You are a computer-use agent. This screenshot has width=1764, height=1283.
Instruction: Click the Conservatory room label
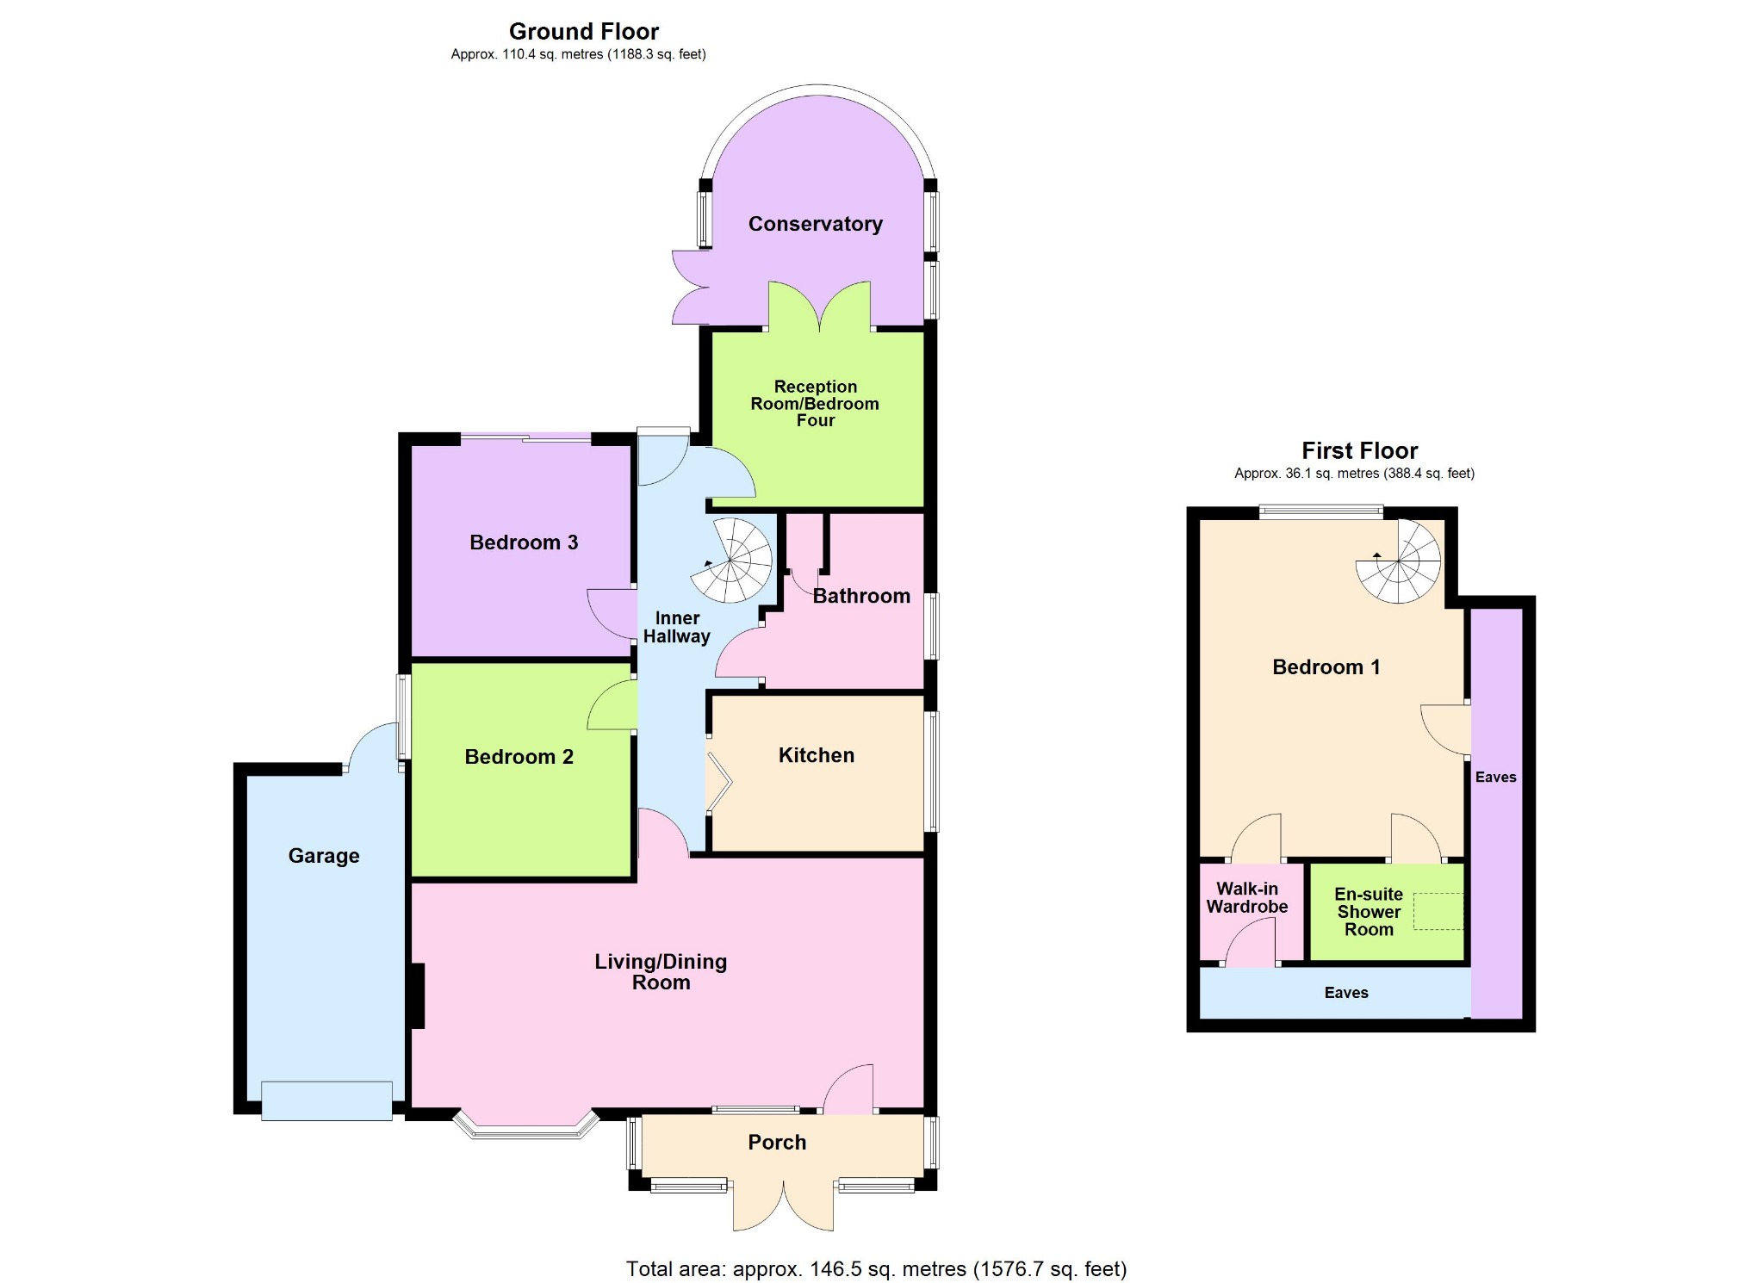click(815, 224)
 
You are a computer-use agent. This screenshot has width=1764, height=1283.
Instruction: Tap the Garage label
click(324, 856)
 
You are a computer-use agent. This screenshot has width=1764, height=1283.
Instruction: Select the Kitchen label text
click(817, 755)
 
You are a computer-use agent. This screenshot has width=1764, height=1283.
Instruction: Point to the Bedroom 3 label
click(524, 542)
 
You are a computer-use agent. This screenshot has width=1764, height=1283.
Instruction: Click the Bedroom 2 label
click(519, 757)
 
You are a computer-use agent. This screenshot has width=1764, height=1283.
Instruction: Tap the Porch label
click(777, 1143)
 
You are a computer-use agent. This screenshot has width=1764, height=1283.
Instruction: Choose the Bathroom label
click(861, 596)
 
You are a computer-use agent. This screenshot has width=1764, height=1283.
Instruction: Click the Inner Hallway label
click(677, 628)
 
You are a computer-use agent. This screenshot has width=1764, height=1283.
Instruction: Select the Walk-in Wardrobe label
click(1247, 897)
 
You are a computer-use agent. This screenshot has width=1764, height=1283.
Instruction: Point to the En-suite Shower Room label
click(1369, 912)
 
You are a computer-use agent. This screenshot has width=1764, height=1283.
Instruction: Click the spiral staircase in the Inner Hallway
click(731, 561)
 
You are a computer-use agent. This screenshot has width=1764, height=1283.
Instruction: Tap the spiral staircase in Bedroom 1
click(1398, 561)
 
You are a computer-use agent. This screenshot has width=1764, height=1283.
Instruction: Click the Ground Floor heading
click(584, 32)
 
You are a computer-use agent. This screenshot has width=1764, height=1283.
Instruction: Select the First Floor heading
click(1359, 450)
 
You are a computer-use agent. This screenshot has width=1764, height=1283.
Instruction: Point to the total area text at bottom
click(876, 1268)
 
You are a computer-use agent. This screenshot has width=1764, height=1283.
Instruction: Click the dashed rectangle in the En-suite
click(1438, 912)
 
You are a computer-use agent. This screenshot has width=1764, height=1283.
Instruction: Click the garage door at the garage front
click(326, 1101)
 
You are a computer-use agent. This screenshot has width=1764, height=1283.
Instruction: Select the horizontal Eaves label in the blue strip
click(1346, 993)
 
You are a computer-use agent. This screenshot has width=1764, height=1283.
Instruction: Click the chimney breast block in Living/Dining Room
click(417, 996)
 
